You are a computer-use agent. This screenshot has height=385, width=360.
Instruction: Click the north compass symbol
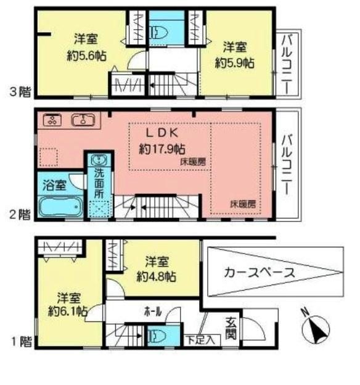[x=317, y=328]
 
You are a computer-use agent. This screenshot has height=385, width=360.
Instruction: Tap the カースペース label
[x=259, y=271]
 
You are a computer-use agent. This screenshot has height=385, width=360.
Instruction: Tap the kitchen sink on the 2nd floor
[x=83, y=120]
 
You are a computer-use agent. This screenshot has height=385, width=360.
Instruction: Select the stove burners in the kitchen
[x=51, y=120]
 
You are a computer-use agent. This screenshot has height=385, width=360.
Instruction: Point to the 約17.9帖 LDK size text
[x=162, y=148]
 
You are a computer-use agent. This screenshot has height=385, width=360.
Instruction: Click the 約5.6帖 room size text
[x=86, y=55]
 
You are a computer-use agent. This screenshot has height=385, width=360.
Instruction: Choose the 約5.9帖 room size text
[x=235, y=62]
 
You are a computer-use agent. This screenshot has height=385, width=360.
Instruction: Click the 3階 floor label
[x=19, y=93]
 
